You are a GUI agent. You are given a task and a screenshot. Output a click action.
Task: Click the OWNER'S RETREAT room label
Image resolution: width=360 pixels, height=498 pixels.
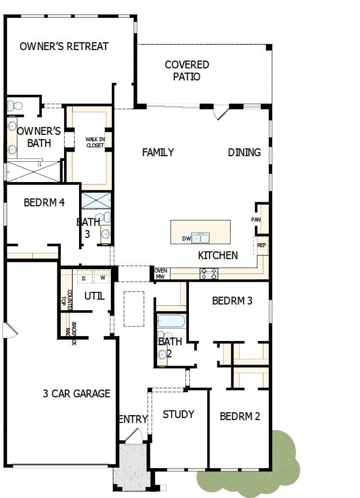[64, 47]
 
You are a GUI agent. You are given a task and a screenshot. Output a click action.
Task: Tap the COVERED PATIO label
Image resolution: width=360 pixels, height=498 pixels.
[187, 70]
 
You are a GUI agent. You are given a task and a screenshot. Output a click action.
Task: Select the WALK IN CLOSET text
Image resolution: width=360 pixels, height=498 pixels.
[95, 142]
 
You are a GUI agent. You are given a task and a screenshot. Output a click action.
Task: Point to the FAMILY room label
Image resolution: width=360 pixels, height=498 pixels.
[158, 152]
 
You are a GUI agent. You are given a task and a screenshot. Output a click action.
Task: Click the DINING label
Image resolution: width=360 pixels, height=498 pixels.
[244, 152]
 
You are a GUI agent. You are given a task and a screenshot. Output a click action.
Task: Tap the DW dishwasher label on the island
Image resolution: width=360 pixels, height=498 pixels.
[186, 238]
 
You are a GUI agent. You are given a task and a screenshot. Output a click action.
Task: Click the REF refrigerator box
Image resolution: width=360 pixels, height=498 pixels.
[261, 245]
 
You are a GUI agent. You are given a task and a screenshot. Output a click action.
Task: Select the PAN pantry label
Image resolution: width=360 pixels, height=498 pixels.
[255, 220]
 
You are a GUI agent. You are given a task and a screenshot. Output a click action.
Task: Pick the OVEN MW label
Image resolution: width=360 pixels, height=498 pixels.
[160, 274]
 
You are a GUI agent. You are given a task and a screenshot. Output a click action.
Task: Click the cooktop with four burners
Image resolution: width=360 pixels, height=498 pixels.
[209, 274]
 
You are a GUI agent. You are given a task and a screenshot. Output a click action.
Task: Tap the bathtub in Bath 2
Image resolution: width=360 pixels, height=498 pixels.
[171, 321]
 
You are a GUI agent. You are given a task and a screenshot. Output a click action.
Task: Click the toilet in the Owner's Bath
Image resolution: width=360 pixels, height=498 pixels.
[15, 105]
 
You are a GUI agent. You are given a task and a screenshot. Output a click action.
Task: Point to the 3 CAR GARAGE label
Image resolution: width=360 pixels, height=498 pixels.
[77, 393]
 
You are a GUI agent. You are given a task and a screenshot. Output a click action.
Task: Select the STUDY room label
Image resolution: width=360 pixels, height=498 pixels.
[178, 414]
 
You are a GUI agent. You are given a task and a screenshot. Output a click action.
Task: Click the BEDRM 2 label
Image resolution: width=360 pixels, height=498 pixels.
[240, 416]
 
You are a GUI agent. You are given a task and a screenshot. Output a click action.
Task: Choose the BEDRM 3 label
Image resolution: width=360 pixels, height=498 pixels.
[232, 301]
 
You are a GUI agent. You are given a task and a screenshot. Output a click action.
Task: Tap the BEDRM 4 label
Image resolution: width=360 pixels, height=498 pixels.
[44, 202]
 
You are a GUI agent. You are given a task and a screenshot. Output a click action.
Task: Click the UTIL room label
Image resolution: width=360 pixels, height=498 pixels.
[94, 296]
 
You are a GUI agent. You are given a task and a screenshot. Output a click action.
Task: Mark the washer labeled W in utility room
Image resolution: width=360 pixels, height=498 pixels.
[102, 278]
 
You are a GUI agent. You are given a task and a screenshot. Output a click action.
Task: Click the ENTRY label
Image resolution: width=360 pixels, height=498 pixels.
[133, 419]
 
